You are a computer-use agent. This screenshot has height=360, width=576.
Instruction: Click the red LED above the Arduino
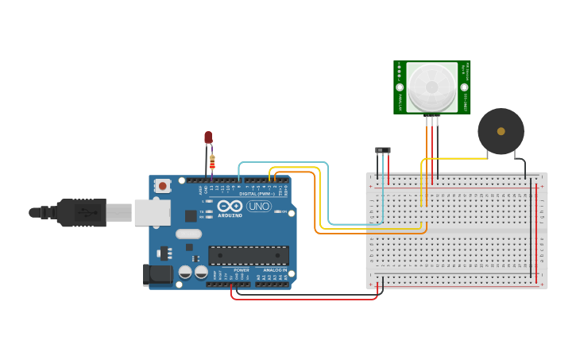click(208, 137)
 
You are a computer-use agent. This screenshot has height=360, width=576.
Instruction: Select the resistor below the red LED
click(212, 161)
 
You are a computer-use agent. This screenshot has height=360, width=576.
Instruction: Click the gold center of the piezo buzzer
click(501, 131)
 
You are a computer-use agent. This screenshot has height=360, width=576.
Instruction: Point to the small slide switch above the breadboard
click(383, 150)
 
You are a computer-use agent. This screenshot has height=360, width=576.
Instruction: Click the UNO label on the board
click(259, 207)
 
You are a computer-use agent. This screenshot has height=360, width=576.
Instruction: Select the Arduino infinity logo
click(230, 206)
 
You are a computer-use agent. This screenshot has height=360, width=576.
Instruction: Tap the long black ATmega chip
click(248, 255)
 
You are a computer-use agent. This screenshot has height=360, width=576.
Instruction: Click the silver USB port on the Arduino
click(152, 212)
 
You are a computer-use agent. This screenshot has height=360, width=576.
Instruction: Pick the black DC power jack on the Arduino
click(157, 274)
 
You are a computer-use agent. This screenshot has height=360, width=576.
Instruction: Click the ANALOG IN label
click(275, 270)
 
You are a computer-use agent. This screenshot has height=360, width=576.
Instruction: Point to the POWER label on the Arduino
click(241, 270)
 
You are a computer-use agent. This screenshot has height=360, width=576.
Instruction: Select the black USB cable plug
click(79, 212)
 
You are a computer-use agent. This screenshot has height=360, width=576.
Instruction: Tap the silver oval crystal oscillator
click(188, 234)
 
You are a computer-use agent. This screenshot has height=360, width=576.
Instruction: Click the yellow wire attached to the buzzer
click(461, 159)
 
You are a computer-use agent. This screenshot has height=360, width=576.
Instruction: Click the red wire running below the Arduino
click(302, 299)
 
